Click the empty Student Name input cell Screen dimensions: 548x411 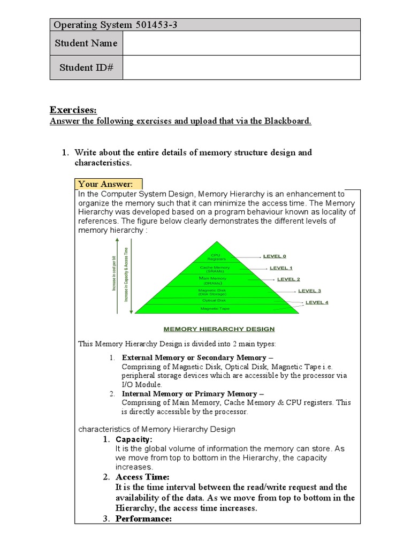click(241, 43)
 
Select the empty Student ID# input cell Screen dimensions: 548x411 click(241, 68)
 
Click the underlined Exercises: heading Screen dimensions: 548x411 click(73, 110)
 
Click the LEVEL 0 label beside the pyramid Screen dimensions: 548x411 click(275, 256)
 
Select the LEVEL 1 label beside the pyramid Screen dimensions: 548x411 click(281, 268)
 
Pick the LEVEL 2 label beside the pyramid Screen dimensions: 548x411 click(288, 279)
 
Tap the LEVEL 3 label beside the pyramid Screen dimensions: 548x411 click(309, 291)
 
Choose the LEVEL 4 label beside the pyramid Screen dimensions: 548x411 click(317, 302)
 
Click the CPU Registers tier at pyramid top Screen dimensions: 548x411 click(216, 256)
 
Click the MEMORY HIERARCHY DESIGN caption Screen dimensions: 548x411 click(219, 329)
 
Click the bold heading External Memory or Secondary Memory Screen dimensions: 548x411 click(197, 357)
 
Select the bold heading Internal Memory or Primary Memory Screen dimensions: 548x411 click(189, 394)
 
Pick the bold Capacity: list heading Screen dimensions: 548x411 click(134, 439)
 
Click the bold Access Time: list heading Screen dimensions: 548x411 click(142, 477)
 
